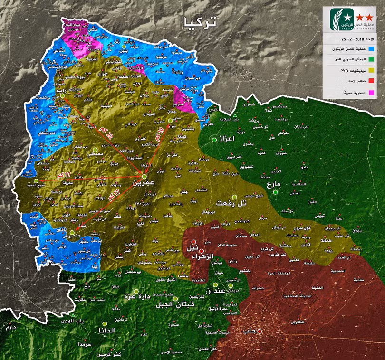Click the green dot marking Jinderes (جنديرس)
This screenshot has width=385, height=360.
pos(72,233)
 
